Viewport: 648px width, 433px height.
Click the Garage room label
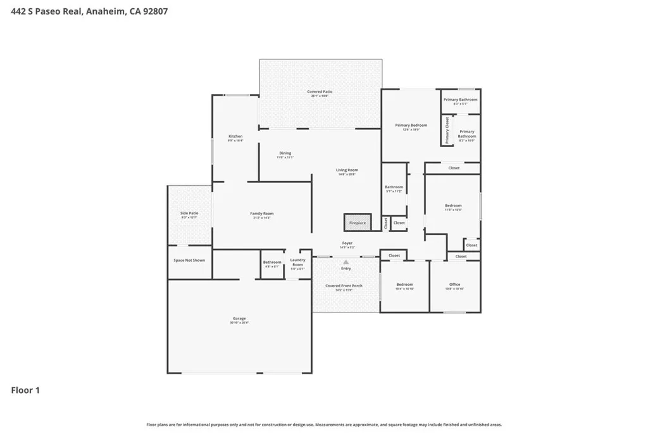239,319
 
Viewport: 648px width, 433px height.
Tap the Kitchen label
235,137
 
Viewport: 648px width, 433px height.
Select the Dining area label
285,153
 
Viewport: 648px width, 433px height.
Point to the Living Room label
347,170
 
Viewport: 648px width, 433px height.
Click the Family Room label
261,214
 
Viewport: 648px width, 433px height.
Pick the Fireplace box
358,223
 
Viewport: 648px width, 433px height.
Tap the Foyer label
347,243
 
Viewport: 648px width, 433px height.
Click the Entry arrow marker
346,261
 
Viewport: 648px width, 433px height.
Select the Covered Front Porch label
344,286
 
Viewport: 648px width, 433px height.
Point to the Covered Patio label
320,92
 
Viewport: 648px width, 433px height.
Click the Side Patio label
189,214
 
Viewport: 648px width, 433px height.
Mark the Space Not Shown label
189,261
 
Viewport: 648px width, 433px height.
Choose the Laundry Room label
297,262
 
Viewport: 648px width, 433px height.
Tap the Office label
454,285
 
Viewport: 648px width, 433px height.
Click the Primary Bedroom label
411,126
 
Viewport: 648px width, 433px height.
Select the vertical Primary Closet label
447,130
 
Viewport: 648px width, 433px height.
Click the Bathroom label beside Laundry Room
272,262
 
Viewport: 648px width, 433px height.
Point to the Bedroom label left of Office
404,285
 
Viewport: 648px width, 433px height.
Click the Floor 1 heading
25,391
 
